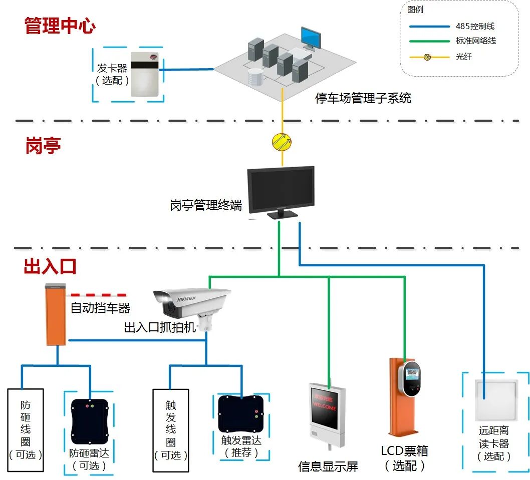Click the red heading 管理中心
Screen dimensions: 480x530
click(x=60, y=26)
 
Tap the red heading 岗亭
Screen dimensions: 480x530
click(x=43, y=146)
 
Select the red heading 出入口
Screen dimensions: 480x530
click(x=50, y=266)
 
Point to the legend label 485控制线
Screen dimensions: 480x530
click(x=475, y=26)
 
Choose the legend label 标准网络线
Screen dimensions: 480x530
click(x=475, y=41)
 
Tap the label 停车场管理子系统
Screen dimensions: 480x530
click(x=363, y=98)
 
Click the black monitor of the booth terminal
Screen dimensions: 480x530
click(x=281, y=190)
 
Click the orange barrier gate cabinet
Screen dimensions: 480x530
click(x=56, y=315)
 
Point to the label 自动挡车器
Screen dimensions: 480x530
click(x=100, y=307)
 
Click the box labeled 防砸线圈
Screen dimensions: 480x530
click(x=26, y=429)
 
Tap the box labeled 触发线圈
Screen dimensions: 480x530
click(x=170, y=429)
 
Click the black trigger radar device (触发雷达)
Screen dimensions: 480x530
click(x=240, y=413)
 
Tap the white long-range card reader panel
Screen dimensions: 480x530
click(x=495, y=401)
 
